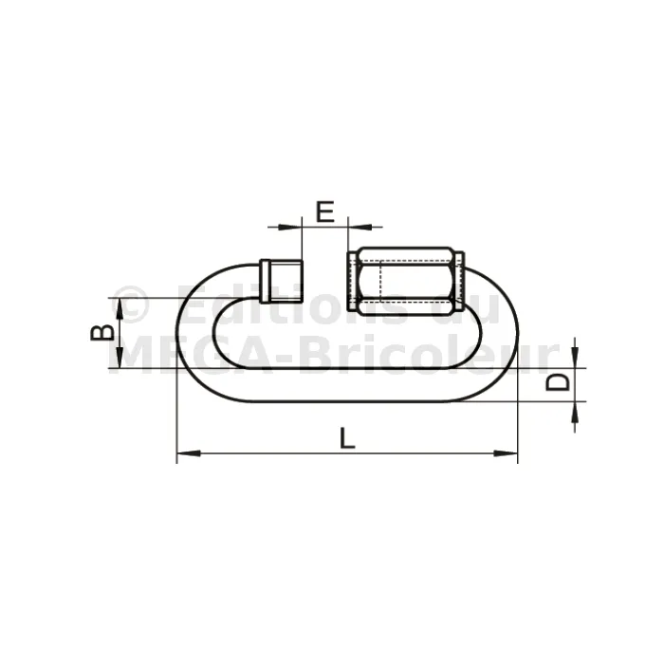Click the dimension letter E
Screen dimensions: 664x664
coord(325,212)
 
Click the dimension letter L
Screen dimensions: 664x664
coord(347,438)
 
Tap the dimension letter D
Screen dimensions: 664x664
coord(557,382)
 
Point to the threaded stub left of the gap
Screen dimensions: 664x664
coord(282,281)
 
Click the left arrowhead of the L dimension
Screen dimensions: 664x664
coord(189,453)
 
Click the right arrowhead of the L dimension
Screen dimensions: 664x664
coord(506,453)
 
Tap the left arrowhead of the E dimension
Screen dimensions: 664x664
coord(290,227)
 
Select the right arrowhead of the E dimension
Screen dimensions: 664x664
coord(360,227)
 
